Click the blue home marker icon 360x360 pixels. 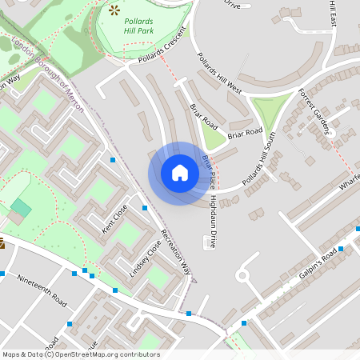point(180,173)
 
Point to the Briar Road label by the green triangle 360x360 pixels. point(245,132)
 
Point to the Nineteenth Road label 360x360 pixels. point(42,292)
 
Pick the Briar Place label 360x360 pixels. point(208,171)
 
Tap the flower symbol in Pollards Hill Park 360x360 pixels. point(114,10)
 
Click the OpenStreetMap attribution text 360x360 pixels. point(81,354)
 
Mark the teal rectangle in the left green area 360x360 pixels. point(21,210)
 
